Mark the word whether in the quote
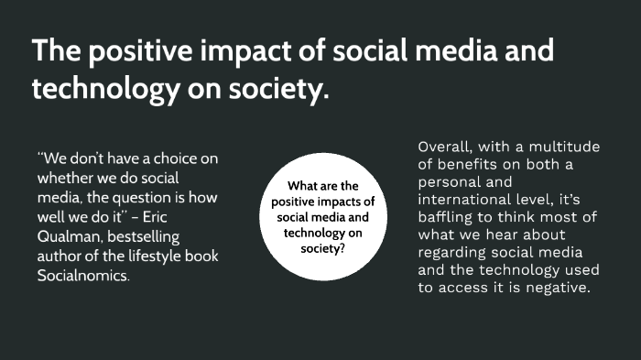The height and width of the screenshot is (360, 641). point(66,177)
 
